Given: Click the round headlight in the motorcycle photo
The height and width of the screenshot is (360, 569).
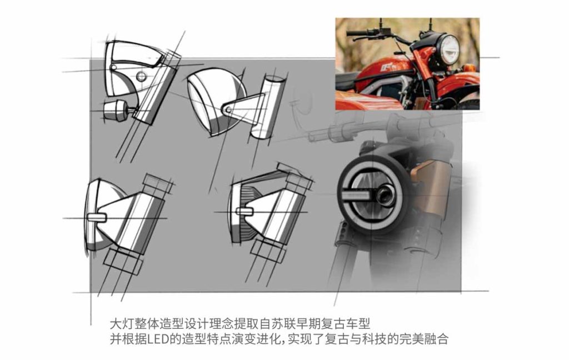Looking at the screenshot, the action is pos(447,49).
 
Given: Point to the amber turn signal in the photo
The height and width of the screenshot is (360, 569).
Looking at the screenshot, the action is pos(469,68).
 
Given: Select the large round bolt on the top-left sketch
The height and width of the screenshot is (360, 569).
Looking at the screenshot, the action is pos(141,76).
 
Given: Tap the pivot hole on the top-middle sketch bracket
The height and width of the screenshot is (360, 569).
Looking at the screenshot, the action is pos(227,109).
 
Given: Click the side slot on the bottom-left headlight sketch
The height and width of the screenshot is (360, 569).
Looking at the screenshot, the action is pos(97,218).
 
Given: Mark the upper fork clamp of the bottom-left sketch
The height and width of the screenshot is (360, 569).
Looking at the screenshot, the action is pos(158,184).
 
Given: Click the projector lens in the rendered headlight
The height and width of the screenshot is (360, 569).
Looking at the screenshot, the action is pos(385,194).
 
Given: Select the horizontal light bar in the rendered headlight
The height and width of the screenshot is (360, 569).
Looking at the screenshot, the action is pos(357,195).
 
